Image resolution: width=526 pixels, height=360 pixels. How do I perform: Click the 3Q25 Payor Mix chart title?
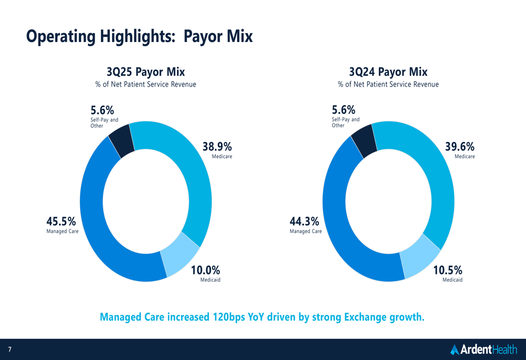click(x=146, y=71)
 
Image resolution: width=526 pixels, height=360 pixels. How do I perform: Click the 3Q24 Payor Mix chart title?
click(x=388, y=71)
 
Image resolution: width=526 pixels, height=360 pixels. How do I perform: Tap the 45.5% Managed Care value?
click(x=61, y=222)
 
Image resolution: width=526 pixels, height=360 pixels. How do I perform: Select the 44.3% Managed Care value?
click(x=304, y=222)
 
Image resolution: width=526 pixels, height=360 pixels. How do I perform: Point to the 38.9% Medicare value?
click(x=217, y=147)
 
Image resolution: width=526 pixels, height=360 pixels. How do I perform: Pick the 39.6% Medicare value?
click(x=460, y=147)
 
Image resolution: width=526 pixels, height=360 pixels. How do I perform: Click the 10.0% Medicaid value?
click(x=205, y=270)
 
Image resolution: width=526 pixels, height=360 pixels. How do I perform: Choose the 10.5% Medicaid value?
click(x=448, y=270)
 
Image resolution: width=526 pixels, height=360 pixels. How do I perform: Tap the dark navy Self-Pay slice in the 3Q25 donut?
click(x=122, y=141)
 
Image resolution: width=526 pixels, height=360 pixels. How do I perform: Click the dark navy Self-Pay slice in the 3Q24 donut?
click(x=364, y=141)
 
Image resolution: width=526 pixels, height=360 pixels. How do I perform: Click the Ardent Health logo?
click(x=483, y=349)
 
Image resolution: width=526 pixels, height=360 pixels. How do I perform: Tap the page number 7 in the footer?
click(x=9, y=349)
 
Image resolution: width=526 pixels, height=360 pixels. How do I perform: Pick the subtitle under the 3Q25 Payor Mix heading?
click(x=146, y=85)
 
